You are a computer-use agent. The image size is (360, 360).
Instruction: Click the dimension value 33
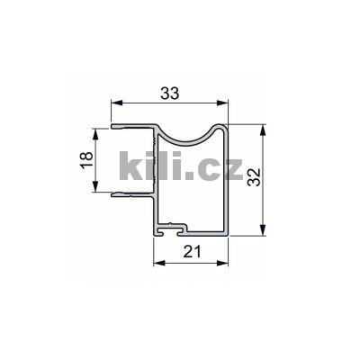[167, 92]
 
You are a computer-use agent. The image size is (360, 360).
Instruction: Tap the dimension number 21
[191, 253]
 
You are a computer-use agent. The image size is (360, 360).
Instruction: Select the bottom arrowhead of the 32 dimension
[262, 233]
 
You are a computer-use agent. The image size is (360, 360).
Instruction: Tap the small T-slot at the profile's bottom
[173, 229]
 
